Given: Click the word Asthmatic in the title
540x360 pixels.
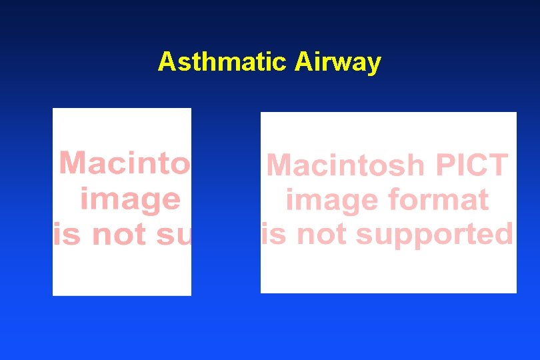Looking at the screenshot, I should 223,62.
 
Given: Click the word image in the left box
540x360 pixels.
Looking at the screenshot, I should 130,199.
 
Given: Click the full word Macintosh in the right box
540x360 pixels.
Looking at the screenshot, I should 345,165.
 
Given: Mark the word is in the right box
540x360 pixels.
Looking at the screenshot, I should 273,234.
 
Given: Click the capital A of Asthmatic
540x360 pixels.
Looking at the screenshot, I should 166,62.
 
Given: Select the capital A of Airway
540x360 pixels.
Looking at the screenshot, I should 303,62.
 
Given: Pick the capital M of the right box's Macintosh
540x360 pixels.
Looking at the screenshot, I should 280,165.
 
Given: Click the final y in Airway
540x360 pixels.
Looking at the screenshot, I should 375,64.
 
